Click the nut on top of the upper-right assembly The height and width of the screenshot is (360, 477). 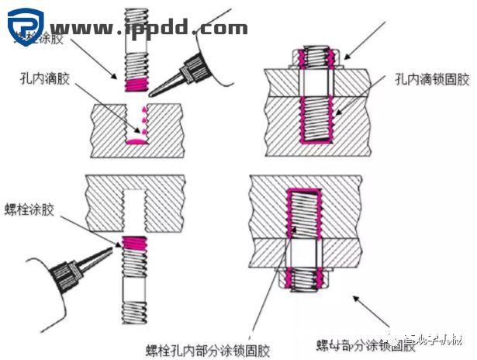tap(315, 56)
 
